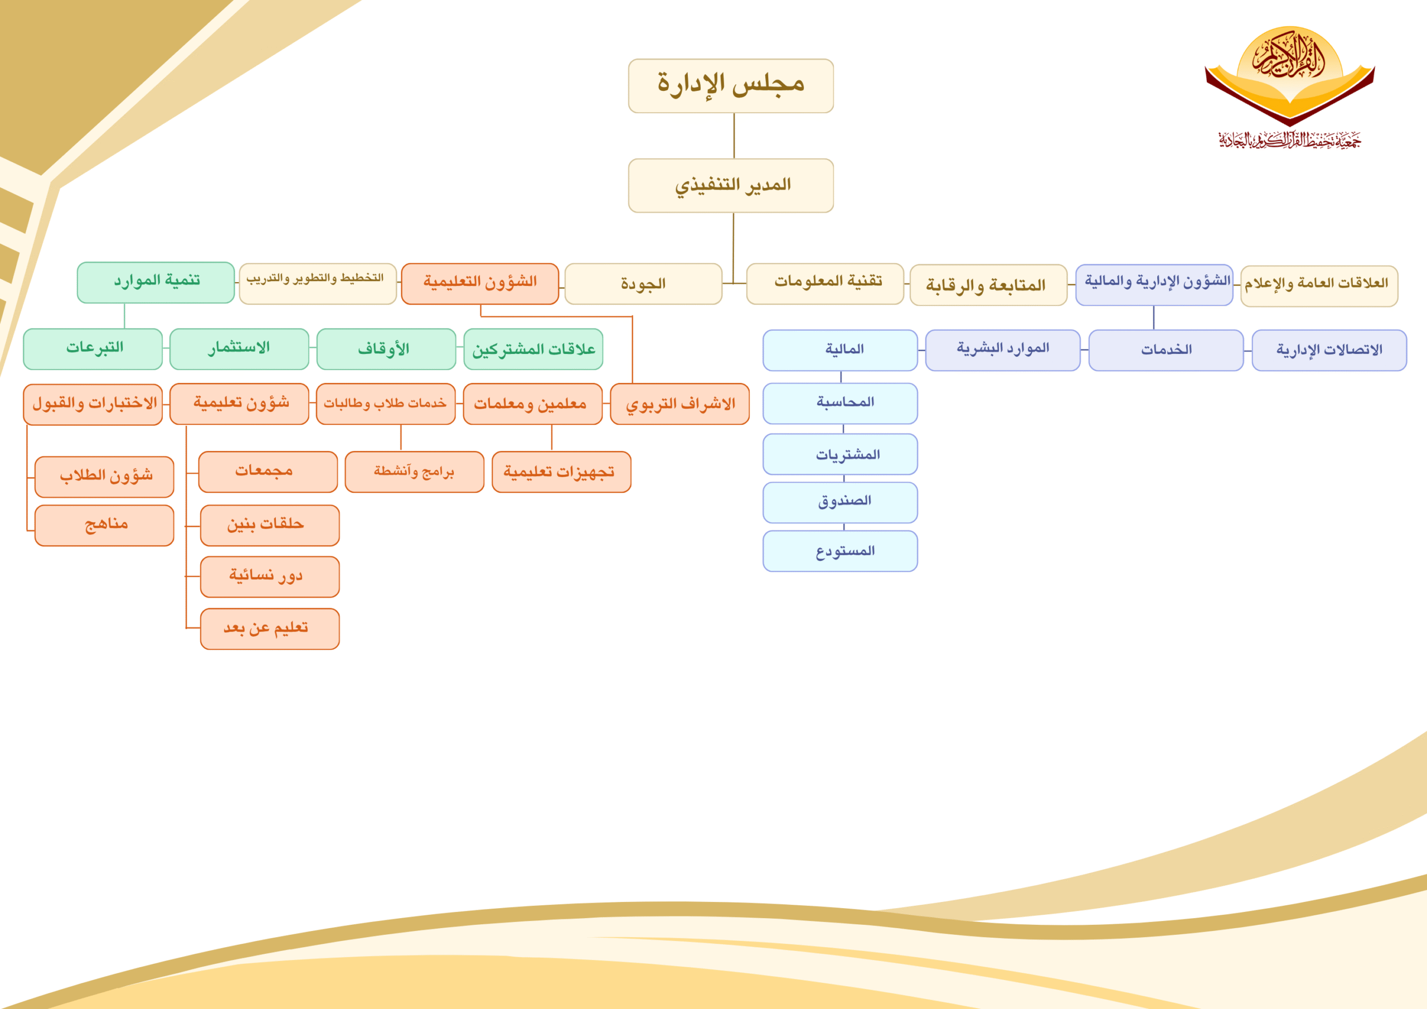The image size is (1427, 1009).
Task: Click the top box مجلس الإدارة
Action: (x=731, y=86)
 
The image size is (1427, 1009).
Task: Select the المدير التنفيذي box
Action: (x=731, y=185)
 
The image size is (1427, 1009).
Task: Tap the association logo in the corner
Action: (x=1290, y=87)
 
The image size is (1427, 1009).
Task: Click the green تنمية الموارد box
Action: (x=156, y=282)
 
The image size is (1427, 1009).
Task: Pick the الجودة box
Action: (x=643, y=284)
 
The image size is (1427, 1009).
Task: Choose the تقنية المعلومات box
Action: (x=825, y=284)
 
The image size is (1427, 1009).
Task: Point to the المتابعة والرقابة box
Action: (x=988, y=285)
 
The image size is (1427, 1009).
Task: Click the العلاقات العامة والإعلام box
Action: (x=1319, y=286)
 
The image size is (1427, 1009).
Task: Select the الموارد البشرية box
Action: (x=1002, y=350)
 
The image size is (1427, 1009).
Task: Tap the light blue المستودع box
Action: (x=840, y=551)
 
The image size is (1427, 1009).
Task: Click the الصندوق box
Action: (x=840, y=502)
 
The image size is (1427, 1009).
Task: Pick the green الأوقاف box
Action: (x=386, y=349)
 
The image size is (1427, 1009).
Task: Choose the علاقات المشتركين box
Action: (x=533, y=349)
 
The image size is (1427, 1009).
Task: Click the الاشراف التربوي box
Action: (x=680, y=404)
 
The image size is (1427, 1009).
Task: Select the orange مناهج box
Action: (x=104, y=525)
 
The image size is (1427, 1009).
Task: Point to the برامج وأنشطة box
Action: (x=415, y=472)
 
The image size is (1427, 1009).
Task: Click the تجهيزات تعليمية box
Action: (x=561, y=472)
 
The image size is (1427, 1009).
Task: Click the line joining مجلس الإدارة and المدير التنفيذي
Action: (x=734, y=135)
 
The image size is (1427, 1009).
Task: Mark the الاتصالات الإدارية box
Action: (x=1329, y=350)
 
